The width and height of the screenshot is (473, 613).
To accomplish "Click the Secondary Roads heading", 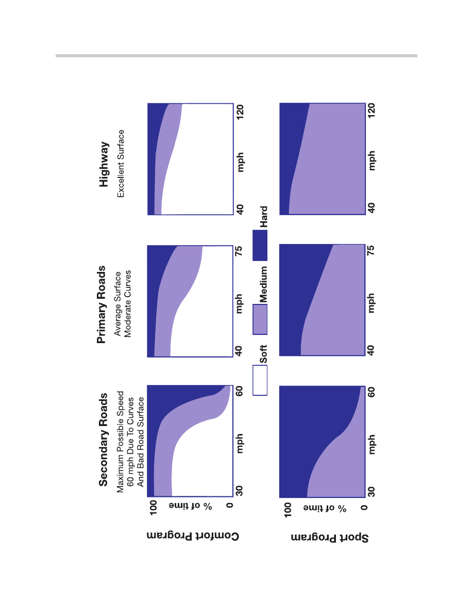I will point(104,440).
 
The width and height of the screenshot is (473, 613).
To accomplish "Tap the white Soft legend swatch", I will point(260,380).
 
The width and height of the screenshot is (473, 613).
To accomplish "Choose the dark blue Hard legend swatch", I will point(260,245).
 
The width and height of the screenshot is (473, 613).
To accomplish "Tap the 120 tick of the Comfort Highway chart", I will point(240,112).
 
